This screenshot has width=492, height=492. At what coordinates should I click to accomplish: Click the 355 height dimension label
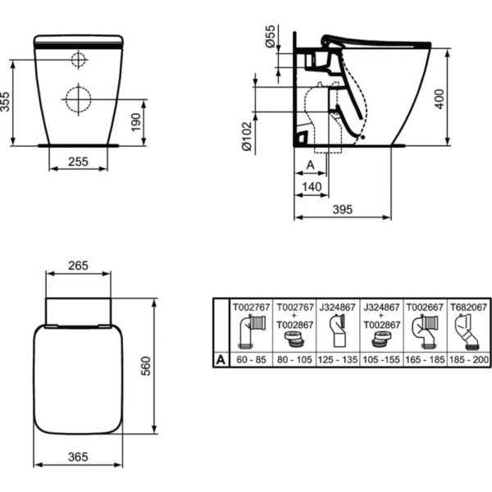(x=7, y=102)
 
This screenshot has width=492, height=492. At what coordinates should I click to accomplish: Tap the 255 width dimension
(x=77, y=162)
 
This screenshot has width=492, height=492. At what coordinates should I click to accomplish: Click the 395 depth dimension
(x=343, y=210)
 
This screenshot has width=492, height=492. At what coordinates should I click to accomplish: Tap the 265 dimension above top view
(x=77, y=266)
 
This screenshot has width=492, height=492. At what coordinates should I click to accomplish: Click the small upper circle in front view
(x=78, y=59)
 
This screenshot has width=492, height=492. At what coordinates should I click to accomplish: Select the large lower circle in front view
(x=78, y=98)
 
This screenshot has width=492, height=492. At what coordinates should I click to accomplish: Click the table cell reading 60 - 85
(x=250, y=358)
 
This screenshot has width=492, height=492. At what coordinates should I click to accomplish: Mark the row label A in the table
(x=218, y=358)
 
